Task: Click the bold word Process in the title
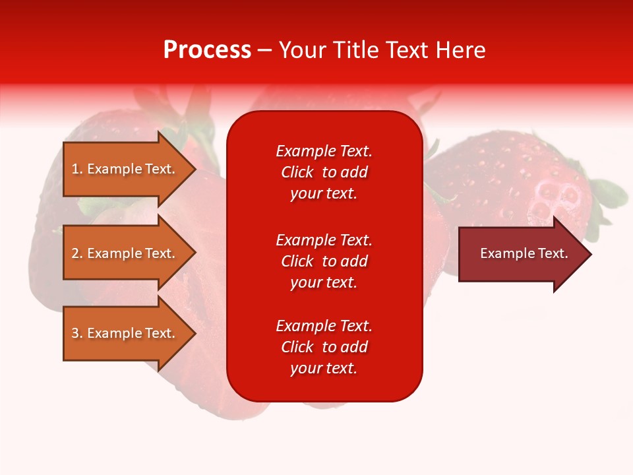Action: (x=207, y=50)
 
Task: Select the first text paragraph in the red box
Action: (x=324, y=172)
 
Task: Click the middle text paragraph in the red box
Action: (x=324, y=261)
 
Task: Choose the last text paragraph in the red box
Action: (x=324, y=347)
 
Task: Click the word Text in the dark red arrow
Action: (x=554, y=253)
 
